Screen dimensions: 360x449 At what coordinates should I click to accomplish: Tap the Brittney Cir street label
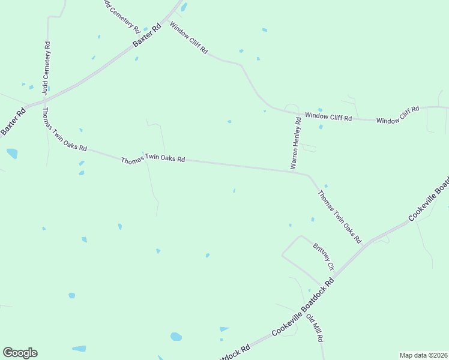click(323, 256)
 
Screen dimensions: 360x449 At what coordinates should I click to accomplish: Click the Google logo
click(20, 353)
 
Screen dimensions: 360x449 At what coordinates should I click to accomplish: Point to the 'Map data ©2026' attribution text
click(423, 355)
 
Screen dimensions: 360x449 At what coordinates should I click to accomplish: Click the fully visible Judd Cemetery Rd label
click(46, 69)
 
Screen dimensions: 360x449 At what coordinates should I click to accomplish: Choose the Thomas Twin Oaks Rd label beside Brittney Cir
click(340, 217)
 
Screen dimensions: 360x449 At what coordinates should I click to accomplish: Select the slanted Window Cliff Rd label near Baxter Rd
click(188, 38)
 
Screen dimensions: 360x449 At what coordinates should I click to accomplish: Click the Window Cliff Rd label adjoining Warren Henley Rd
click(328, 117)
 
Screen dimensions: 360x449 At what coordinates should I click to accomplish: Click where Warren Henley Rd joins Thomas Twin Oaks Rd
click(292, 171)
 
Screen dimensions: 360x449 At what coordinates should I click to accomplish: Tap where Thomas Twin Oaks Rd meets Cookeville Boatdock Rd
click(367, 243)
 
